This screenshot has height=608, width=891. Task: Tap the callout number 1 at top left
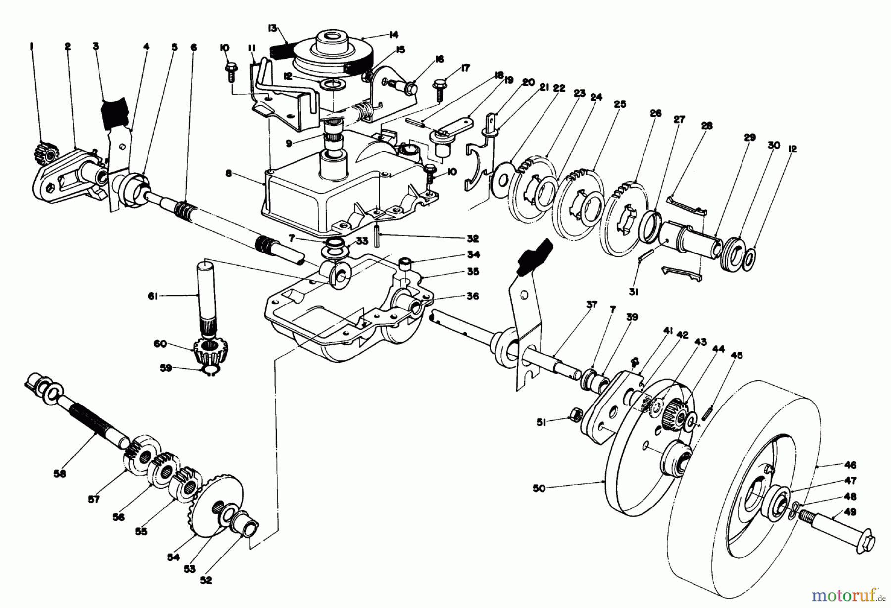31,46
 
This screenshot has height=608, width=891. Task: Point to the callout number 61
153,296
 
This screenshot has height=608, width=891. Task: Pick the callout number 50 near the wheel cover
539,488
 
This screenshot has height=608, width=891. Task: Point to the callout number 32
473,239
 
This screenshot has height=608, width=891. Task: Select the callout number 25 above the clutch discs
620,104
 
